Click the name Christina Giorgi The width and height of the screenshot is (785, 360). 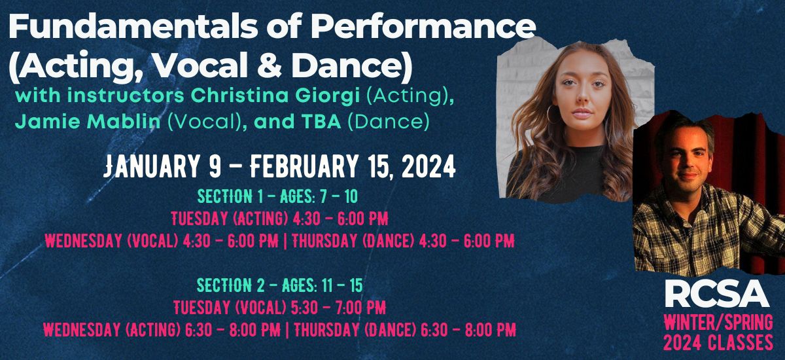(x=276, y=96)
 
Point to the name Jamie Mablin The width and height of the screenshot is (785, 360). (x=88, y=121)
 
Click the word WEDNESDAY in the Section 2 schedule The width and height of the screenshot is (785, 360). (x=82, y=330)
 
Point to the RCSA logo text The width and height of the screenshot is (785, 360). (x=716, y=294)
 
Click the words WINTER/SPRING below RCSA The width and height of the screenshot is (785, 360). (x=718, y=323)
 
